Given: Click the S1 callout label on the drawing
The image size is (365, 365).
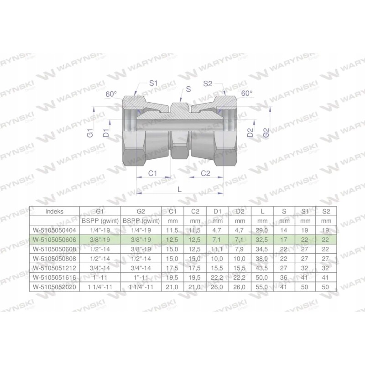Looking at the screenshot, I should pyautogui.click(x=154, y=83).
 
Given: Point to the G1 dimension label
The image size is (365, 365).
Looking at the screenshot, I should pyautogui.click(x=90, y=134).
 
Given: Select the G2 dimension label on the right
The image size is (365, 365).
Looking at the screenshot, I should pyautogui.click(x=267, y=134).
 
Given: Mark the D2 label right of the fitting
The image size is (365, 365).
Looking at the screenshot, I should pyautogui.click(x=250, y=134).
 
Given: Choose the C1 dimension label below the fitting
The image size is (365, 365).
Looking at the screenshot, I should pyautogui.click(x=153, y=173).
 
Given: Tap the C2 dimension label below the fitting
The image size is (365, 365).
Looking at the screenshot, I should pyautogui.click(x=206, y=173).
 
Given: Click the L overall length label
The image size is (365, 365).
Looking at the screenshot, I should pyautogui.click(x=180, y=188).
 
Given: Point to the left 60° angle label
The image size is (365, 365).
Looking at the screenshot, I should pyautogui.click(x=111, y=94).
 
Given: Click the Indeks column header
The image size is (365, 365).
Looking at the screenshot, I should pyautogui.click(x=55, y=212).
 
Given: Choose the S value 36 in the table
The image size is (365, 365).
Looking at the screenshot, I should pyautogui.click(x=285, y=276).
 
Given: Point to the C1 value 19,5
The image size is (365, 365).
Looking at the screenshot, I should pyautogui.click(x=172, y=276).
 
